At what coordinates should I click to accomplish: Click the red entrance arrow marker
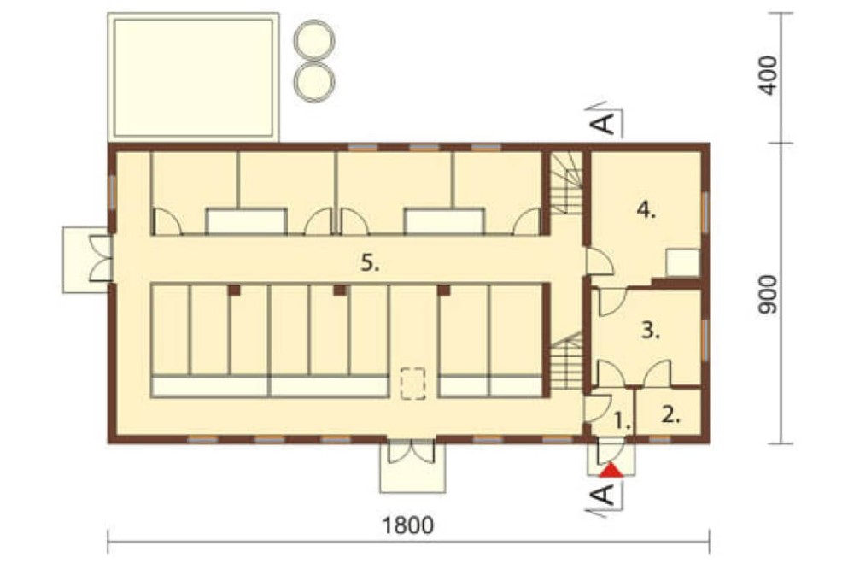click(x=611, y=471)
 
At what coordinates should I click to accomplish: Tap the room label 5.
click(x=371, y=263)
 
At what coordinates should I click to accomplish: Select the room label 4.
click(x=646, y=210)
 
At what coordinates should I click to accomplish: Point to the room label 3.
click(x=650, y=331)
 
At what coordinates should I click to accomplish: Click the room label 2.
click(x=671, y=415)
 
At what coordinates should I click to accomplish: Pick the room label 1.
click(x=622, y=420)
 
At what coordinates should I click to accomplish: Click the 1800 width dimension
click(x=408, y=525)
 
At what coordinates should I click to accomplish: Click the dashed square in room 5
click(x=412, y=384)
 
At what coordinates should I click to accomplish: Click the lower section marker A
click(x=603, y=495)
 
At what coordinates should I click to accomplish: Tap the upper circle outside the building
click(x=314, y=40)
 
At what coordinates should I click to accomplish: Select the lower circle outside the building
click(x=314, y=82)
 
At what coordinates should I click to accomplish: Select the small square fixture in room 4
click(x=683, y=262)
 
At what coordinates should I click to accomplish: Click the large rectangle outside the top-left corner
click(x=193, y=78)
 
